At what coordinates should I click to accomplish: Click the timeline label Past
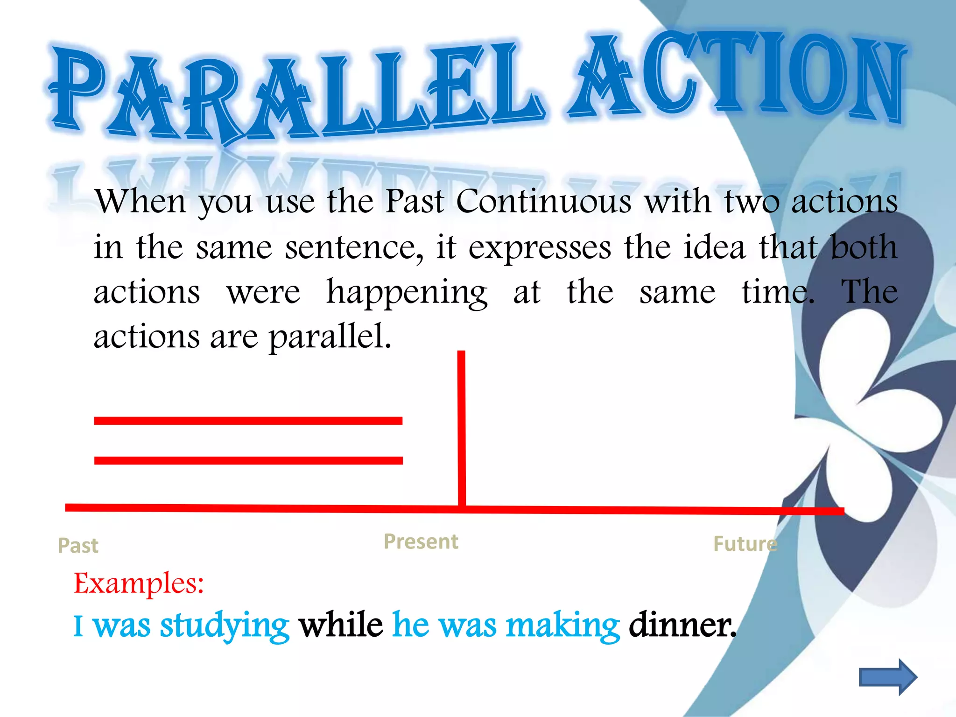pyautogui.click(x=78, y=545)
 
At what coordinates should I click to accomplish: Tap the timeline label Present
pyautogui.click(x=421, y=541)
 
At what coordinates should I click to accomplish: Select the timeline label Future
pyautogui.click(x=745, y=544)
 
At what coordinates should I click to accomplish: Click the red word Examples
pyautogui.click(x=139, y=583)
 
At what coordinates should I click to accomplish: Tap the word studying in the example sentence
pyautogui.click(x=225, y=626)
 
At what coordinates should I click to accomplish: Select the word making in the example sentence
pyautogui.click(x=563, y=626)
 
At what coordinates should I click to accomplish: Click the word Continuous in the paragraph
pyautogui.click(x=544, y=202)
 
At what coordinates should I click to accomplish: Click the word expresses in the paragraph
pyautogui.click(x=540, y=247)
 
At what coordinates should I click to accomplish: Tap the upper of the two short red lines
pyautogui.click(x=248, y=421)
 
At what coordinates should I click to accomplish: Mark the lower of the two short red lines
pyautogui.click(x=248, y=461)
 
